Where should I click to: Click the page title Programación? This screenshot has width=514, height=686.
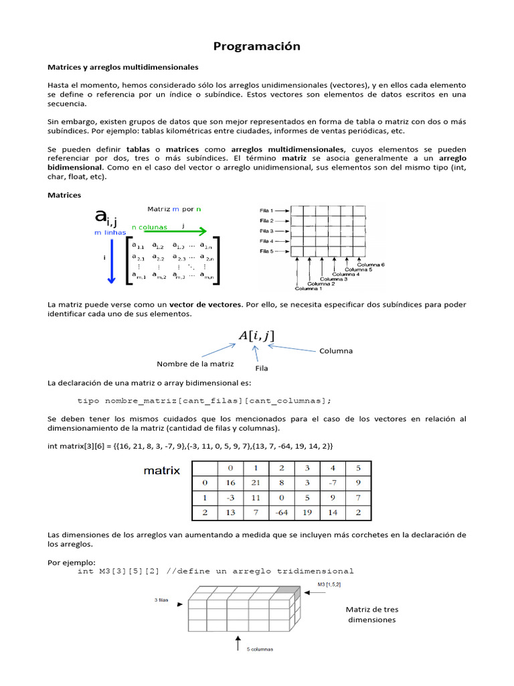tap(256, 46)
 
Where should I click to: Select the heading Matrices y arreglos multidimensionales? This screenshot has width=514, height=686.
tap(122, 67)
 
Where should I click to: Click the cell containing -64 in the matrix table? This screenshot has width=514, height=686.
tap(281, 512)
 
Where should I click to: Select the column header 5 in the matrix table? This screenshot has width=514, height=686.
tap(358, 468)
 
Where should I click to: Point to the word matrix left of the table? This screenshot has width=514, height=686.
tap(162, 470)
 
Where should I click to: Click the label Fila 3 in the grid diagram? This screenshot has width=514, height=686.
tap(266, 231)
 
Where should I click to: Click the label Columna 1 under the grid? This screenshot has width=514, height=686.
tap(310, 289)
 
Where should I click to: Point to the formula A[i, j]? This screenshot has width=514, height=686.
tap(256, 336)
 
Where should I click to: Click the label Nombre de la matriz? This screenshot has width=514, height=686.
tap(195, 364)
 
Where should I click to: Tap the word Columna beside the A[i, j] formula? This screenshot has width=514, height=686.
tap(336, 350)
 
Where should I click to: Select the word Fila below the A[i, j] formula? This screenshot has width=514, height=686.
tap(262, 368)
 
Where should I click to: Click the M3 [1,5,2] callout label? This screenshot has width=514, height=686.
tap(329, 585)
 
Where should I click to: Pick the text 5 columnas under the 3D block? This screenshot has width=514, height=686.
tap(259, 649)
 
